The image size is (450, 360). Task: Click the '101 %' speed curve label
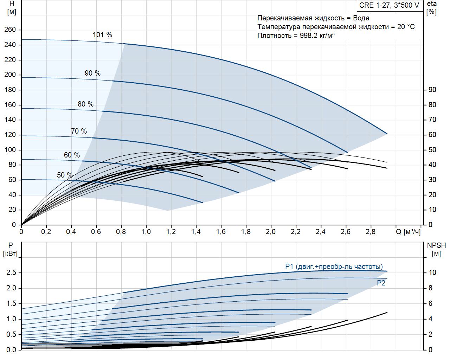(102, 35)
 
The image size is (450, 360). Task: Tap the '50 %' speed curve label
(65, 175)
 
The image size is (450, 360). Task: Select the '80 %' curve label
(85, 104)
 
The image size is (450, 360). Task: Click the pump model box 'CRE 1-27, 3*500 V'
(389, 5)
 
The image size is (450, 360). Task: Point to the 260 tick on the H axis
(10, 30)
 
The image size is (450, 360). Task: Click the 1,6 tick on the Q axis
(221, 232)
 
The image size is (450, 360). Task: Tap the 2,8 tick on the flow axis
(370, 232)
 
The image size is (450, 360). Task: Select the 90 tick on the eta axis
(432, 90)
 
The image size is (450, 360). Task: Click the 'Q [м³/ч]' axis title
(408, 232)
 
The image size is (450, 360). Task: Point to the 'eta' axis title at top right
(432, 4)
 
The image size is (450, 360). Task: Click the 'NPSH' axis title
(436, 245)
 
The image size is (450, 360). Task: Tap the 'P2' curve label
(381, 283)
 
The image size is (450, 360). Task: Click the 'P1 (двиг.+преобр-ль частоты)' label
(334, 266)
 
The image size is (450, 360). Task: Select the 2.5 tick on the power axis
(12, 272)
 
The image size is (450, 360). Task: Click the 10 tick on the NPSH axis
(432, 272)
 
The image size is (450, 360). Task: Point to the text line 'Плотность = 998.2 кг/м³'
(296, 36)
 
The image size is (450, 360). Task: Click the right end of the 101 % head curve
(387, 134)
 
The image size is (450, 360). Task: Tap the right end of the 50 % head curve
(203, 202)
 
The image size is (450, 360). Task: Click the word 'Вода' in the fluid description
(361, 18)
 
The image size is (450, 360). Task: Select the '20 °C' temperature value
(406, 27)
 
